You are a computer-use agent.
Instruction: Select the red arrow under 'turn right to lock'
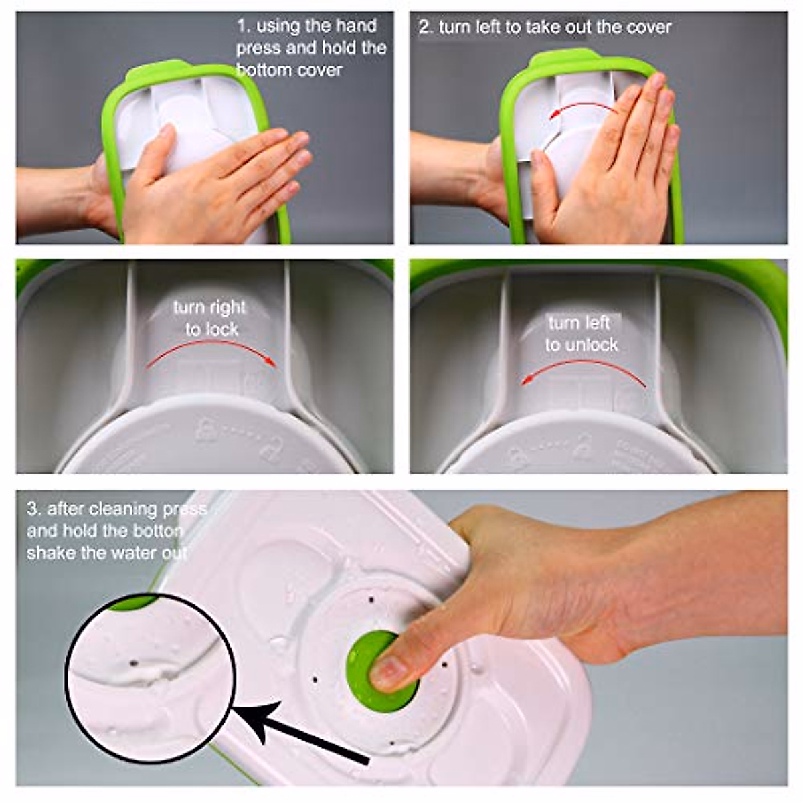pyautogui.click(x=213, y=351)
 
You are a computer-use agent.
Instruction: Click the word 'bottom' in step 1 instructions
pyautogui.click(x=264, y=70)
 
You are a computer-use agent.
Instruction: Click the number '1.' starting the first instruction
pyautogui.click(x=243, y=26)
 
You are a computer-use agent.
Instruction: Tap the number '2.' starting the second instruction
pyautogui.click(x=426, y=27)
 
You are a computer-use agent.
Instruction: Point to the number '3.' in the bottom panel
pyautogui.click(x=33, y=508)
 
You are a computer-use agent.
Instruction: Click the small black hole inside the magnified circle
pyautogui.click(x=133, y=663)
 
